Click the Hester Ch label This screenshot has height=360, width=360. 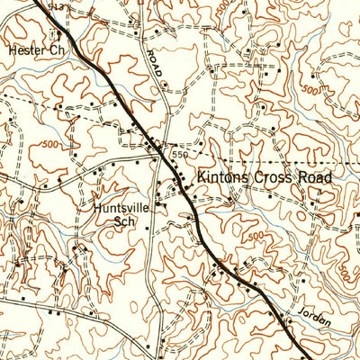point(35,50)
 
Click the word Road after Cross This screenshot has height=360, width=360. point(316,177)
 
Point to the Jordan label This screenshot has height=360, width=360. point(311,319)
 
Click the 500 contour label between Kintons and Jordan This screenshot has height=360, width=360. point(256,236)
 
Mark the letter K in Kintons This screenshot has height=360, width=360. point(202,177)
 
